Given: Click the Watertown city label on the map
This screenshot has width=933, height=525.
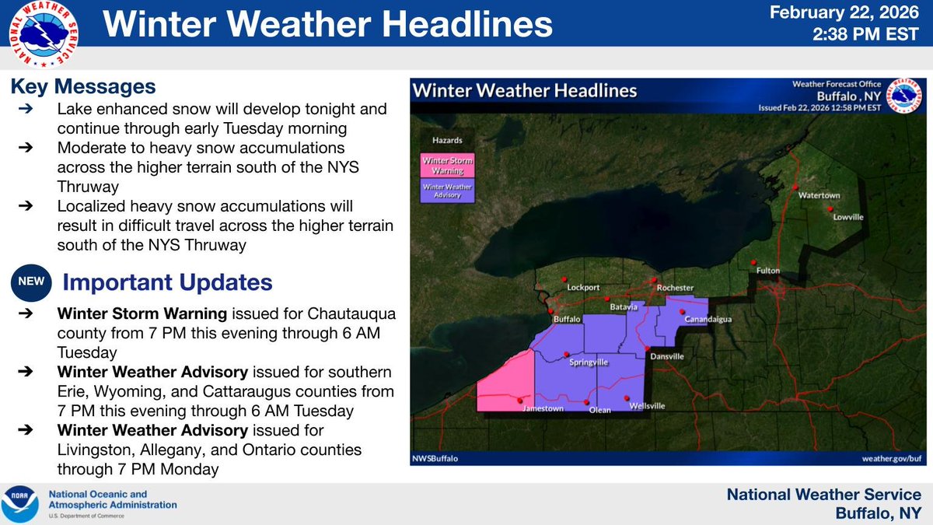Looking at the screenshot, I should click(x=819, y=198).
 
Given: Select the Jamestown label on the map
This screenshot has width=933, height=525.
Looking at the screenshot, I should click(x=543, y=408).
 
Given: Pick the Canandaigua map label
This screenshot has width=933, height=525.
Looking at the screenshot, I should click(x=706, y=320).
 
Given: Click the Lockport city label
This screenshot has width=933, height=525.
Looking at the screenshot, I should click(x=583, y=287).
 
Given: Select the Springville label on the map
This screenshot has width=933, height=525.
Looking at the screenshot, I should click(x=589, y=362).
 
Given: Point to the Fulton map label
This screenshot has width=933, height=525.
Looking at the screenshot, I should click(x=767, y=271).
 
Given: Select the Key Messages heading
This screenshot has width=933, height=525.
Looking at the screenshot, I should click(x=84, y=86).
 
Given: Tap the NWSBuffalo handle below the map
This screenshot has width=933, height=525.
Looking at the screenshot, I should click(x=435, y=458).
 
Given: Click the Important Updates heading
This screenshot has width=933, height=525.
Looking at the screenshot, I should click(x=166, y=282).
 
